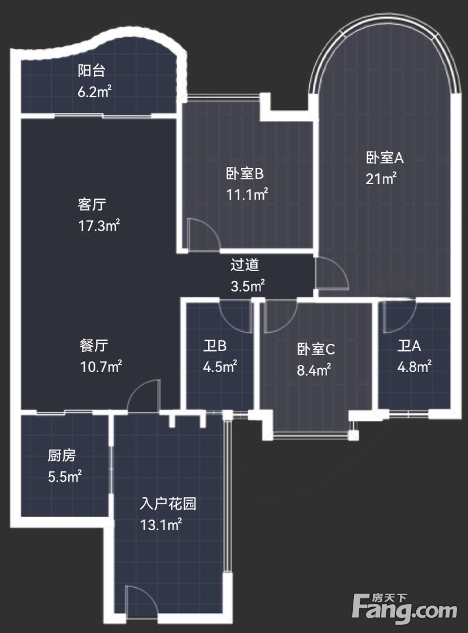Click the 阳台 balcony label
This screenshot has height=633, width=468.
tap(92, 71)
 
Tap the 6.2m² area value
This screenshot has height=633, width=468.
tap(95, 92)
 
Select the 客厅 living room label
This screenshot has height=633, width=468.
tap(92, 205)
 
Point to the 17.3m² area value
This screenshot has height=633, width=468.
tap(99, 225)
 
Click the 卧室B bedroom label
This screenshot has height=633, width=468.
tap(245, 174)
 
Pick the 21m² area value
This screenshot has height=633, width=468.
tap(381, 178)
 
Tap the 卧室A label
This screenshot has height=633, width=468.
tap(385, 158)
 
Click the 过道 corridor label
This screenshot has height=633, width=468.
tap(245, 265)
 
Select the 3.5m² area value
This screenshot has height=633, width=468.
tap(248, 286)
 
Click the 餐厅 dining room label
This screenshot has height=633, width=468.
tap(93, 346)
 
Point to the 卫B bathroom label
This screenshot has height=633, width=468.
tap(215, 346)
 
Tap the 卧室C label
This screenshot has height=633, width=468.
tap(316, 349)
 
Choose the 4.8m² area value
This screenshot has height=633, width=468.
tap(414, 367)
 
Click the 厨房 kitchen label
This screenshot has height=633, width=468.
tap(62, 456)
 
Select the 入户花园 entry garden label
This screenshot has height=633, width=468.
tap(168, 504)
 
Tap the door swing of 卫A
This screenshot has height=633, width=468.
tap(399, 317)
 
